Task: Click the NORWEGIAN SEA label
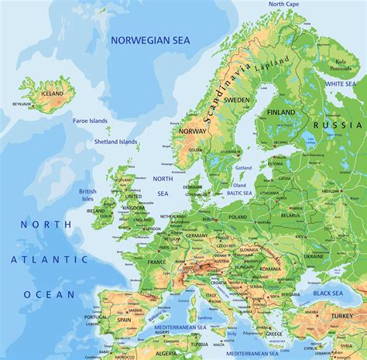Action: (x=151, y=39)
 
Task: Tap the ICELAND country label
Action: (x=53, y=94)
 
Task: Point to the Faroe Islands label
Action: (x=91, y=121)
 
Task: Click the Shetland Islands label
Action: (x=117, y=142)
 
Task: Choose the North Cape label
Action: (x=284, y=4)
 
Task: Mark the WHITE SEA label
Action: (x=340, y=84)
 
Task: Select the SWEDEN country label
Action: (x=237, y=100)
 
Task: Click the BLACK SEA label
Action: (x=328, y=293)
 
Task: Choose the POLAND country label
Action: (x=238, y=218)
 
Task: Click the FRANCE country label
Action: (x=157, y=262)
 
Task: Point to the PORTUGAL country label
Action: (x=96, y=317)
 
